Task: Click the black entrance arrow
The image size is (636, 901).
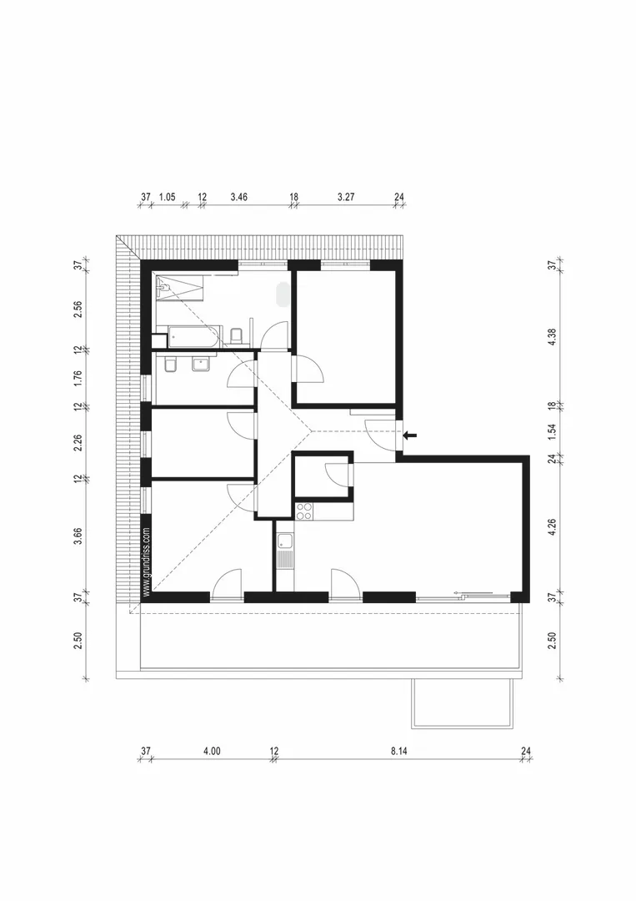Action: (x=410, y=435)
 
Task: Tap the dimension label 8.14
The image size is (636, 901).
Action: (x=399, y=751)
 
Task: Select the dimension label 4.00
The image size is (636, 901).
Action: (x=212, y=751)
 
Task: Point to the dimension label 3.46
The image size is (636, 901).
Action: (x=238, y=197)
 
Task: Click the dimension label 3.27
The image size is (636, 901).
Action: (x=346, y=197)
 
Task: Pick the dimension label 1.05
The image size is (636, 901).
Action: (x=167, y=197)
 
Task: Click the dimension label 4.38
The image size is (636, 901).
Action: (x=552, y=336)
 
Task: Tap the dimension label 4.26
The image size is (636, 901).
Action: (x=552, y=527)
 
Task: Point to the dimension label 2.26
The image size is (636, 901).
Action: (x=78, y=442)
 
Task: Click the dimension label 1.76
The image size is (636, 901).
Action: (x=78, y=378)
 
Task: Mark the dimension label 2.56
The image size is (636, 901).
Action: (x=78, y=309)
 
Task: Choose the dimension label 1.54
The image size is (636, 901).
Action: (x=552, y=431)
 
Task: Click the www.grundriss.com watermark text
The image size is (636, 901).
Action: (x=147, y=562)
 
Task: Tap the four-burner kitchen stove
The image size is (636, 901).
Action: (x=304, y=511)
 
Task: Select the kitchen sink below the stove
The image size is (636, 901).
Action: (x=285, y=541)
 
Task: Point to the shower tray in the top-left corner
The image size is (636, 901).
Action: (x=178, y=286)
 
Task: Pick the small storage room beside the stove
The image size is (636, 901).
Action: (x=322, y=476)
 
